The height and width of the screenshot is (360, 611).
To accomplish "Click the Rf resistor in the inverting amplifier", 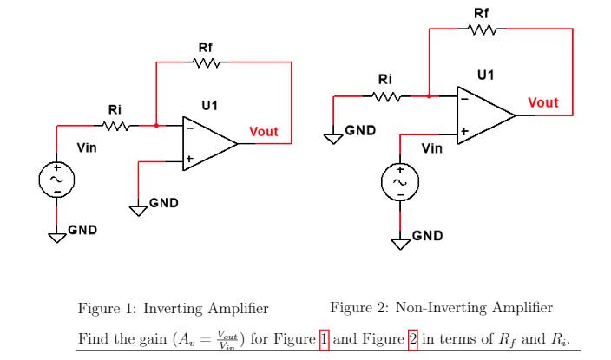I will (x=207, y=62).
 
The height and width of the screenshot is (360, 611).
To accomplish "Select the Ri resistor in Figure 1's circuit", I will (x=115, y=126).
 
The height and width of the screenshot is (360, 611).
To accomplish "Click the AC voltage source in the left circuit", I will (x=56, y=180).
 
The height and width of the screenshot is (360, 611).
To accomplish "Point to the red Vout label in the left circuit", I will (x=263, y=132).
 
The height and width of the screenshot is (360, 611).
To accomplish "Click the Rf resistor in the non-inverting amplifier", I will (x=482, y=29).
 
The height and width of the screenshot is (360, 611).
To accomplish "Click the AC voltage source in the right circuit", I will (x=400, y=183).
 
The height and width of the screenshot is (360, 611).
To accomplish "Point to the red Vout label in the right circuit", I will (x=542, y=102).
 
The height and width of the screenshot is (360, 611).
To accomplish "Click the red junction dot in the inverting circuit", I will (x=155, y=126).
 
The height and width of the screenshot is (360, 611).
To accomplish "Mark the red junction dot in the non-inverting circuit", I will (x=430, y=96).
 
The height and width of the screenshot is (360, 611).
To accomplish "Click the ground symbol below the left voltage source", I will (x=57, y=236).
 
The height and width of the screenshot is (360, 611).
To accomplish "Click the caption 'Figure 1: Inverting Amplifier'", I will (x=173, y=308).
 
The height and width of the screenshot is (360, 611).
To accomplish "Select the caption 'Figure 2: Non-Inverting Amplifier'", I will (x=441, y=308).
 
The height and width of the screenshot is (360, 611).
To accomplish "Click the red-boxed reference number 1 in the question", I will (x=325, y=338).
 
